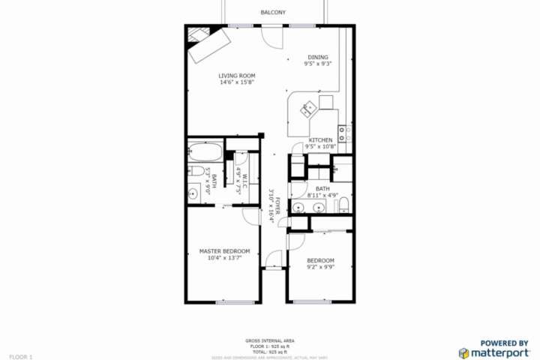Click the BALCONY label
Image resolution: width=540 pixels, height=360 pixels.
(272, 12)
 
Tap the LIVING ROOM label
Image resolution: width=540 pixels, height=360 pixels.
(237, 76)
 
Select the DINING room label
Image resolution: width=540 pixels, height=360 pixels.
(318, 58)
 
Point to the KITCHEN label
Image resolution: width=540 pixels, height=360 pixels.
(320, 139)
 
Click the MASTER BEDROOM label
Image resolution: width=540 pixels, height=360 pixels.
(224, 251)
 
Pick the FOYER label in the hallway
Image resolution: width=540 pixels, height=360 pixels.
(277, 206)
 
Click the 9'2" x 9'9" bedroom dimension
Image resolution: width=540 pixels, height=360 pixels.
(320, 267)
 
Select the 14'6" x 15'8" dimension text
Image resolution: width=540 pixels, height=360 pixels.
(237, 82)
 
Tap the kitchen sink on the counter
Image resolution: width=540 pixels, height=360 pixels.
(309, 110)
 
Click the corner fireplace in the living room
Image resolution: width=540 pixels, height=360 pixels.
(199, 34)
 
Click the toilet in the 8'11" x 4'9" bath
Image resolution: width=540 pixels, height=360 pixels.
(342, 205)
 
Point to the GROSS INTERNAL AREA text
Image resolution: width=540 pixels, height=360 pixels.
(269, 341)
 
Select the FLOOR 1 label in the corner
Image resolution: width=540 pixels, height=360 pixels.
(20, 356)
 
